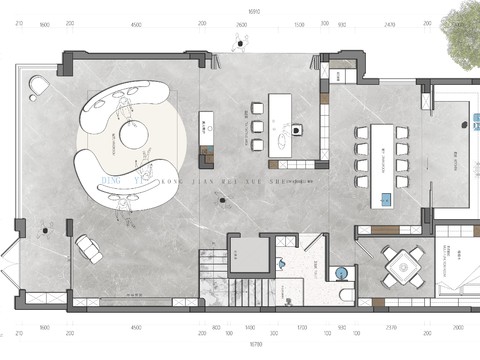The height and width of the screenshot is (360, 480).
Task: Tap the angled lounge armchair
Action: click(89, 247)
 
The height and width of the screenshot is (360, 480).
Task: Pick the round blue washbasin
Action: click(342, 270)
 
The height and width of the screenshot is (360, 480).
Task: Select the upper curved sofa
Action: click(125, 103)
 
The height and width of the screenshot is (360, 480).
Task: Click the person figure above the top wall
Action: click(240, 42)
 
